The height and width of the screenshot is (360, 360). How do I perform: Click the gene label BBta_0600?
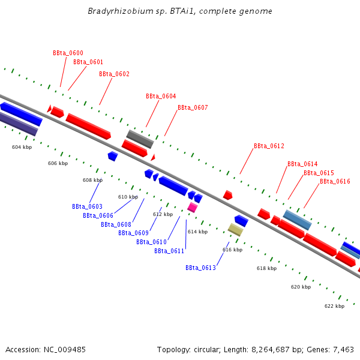click(68, 53)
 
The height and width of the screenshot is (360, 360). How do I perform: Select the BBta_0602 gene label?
click(114, 74)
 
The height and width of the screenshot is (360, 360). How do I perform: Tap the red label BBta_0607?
click(193, 107)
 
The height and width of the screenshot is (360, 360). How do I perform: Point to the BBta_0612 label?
click(269, 146)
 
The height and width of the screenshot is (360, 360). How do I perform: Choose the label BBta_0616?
click(335, 181)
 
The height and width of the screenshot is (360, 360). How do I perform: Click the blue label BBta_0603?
click(87, 206)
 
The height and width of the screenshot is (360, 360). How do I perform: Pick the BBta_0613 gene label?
click(200, 268)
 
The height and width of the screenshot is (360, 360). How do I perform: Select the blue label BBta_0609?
click(133, 233)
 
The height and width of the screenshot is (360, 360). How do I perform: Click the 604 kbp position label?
click(22, 147)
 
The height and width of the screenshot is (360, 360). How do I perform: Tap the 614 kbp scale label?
click(197, 232)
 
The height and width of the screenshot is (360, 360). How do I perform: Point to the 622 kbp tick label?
click(334, 306)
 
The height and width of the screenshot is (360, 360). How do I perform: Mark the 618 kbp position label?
click(266, 268)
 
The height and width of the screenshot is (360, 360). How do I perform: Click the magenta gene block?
click(193, 207)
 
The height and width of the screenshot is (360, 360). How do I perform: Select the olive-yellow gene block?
click(235, 229)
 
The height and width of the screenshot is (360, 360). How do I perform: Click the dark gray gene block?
click(140, 139)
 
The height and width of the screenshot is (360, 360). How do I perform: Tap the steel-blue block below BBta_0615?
click(297, 220)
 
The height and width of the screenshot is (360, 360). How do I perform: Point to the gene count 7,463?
click(342, 349)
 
